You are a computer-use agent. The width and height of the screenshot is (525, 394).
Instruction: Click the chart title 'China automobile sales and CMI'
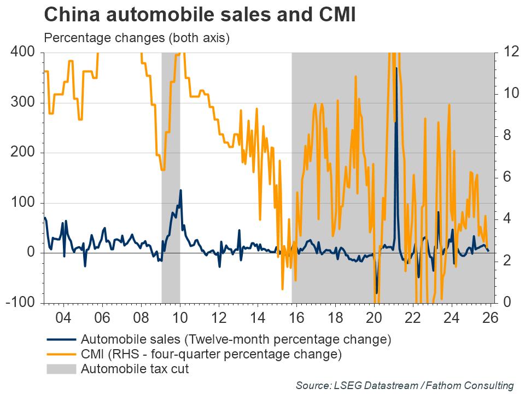[200, 15]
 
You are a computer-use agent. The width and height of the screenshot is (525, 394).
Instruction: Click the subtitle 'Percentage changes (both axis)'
[137, 38]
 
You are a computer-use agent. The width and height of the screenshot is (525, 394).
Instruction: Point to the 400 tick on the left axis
[23, 53]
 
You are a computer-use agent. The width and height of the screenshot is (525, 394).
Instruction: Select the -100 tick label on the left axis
[21, 303]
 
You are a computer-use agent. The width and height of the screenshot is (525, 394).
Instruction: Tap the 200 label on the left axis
[23, 153]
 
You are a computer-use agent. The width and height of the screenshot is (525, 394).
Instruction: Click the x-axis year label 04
[63, 317]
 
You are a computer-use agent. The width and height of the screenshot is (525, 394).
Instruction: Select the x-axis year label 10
[180, 317]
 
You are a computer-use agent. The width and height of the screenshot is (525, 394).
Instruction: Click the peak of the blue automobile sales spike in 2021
[396, 68]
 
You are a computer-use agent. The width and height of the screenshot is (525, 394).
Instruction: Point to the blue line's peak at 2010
[180, 190]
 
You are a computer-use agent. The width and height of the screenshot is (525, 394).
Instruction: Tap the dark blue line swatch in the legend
[61, 340]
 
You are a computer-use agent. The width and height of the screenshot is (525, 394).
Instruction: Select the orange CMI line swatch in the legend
[61, 355]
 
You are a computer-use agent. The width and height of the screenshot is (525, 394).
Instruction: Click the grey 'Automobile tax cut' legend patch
[61, 369]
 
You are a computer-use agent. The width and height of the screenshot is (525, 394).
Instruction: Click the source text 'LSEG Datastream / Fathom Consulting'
[405, 385]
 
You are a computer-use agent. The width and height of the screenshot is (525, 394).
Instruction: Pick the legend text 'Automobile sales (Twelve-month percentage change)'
[236, 340]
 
